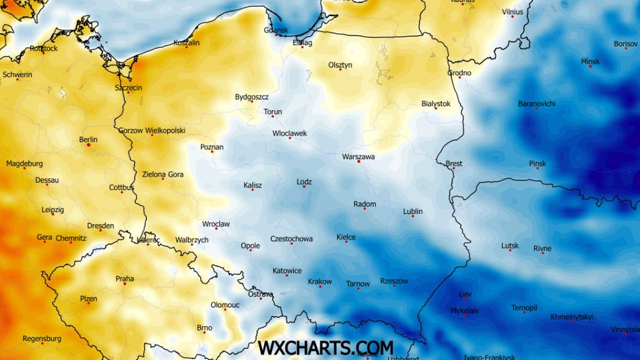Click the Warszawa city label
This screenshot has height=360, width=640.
[x=358, y=157]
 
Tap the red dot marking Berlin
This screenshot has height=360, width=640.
[x=89, y=145]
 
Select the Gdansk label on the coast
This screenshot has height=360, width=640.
[x=276, y=30]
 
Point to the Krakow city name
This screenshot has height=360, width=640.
[x=319, y=282]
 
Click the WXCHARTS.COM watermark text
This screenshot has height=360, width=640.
[x=325, y=347]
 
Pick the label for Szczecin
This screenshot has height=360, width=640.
[x=129, y=87]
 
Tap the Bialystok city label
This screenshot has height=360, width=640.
[x=436, y=103]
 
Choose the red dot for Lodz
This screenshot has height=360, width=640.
[x=304, y=187]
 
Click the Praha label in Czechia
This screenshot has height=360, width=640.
[x=125, y=278]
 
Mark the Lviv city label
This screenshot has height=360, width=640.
[x=465, y=294]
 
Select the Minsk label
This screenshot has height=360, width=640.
[x=590, y=61]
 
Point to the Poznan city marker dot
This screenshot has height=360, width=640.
[x=212, y=151]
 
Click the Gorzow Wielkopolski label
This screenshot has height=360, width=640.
[x=151, y=130]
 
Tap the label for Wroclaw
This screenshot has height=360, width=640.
[x=216, y=224]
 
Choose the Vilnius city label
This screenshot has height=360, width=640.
[x=513, y=12]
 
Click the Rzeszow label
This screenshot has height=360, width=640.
[x=394, y=281]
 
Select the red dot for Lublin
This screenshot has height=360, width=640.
[x=412, y=216]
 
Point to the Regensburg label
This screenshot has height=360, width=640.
[x=42, y=339]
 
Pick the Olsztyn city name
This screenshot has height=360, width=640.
[x=340, y=65]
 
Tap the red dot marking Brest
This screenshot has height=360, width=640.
[x=453, y=168]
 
